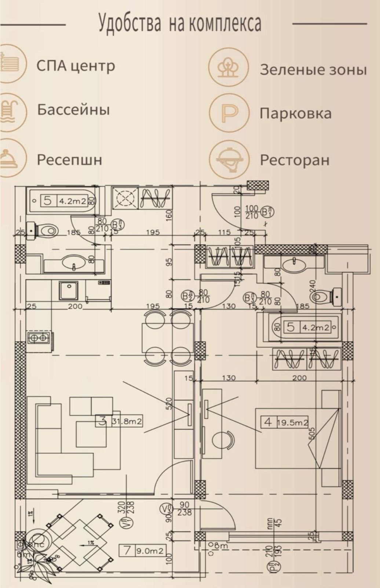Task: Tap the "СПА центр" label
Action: point(76,66)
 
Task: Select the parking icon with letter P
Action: point(229,113)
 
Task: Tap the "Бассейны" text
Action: point(73,110)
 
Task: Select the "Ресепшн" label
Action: point(69,160)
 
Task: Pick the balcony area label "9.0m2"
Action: point(150,551)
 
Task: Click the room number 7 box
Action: point(127,551)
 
